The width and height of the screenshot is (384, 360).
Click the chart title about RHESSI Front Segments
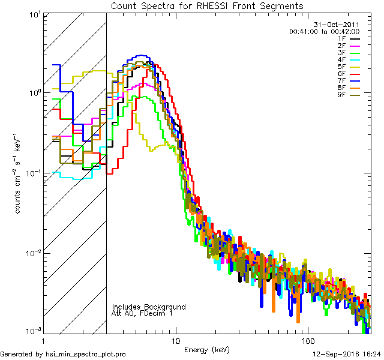pos(207,5)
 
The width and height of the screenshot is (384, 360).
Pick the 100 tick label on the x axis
pos(307,339)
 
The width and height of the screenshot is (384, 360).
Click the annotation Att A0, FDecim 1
pos(142,313)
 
